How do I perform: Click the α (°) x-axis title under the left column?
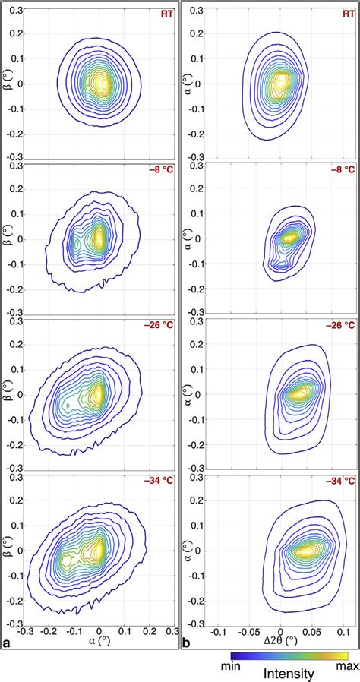click(x=99, y=643)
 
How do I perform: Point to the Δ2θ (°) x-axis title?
click(x=281, y=643)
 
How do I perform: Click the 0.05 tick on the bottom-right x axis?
click(x=312, y=630)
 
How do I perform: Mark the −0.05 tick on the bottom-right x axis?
click(x=249, y=630)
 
